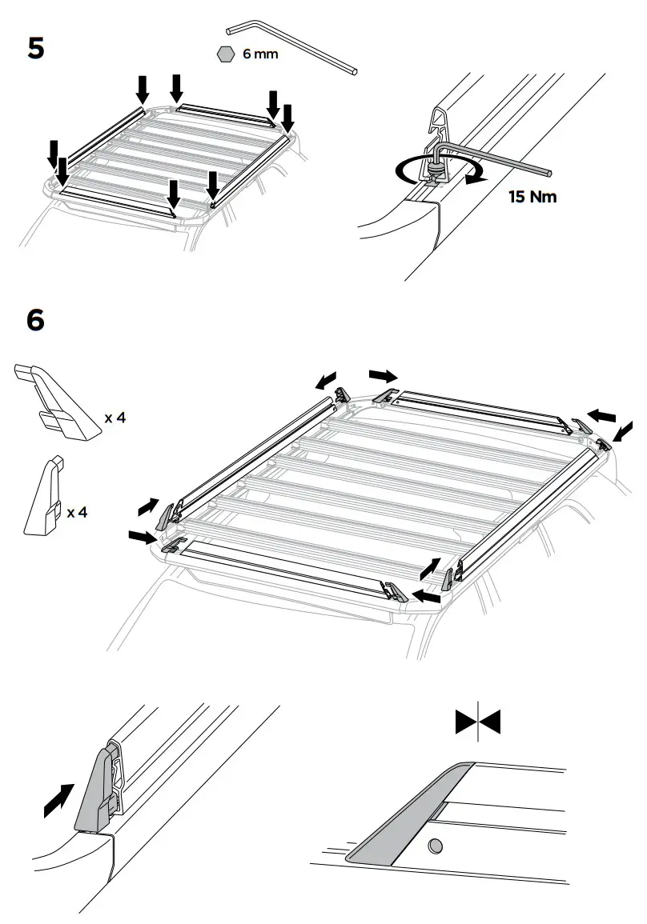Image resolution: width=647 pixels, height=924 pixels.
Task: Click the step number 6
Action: click(36, 320)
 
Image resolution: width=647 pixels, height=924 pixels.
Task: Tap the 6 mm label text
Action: click(260, 54)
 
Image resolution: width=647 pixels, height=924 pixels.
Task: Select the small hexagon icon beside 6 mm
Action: click(226, 54)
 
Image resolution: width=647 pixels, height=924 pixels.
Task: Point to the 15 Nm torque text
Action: click(532, 196)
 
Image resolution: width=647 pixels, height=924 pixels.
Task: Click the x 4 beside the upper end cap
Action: click(115, 417)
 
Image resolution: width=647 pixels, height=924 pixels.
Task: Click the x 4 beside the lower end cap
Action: click(77, 511)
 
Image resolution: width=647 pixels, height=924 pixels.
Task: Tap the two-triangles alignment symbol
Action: click(477, 722)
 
